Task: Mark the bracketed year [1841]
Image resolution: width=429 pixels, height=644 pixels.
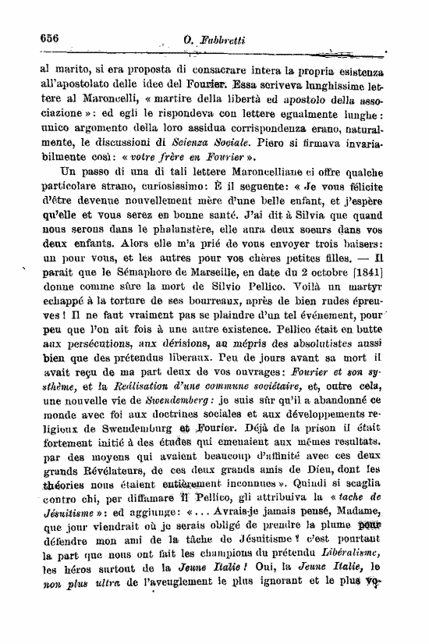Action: tap(382, 293)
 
